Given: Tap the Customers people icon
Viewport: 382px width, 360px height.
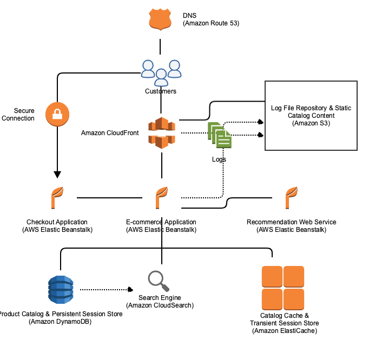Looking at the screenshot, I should point(161,72).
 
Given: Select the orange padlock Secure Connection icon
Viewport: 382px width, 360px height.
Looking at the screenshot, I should point(57,114).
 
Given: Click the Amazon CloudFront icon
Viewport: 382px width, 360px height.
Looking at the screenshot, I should point(162,132).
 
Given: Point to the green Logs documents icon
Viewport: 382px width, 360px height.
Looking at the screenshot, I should point(220,135).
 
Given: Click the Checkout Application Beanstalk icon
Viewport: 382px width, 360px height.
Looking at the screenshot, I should point(57,198).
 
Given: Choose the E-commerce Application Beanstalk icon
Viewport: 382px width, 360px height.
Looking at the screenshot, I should point(161,198).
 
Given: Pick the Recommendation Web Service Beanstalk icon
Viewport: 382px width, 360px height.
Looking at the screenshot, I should point(291,198).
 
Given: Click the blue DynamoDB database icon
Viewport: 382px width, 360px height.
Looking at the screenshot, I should point(60,290).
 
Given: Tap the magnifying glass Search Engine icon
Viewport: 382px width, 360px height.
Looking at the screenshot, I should point(159,281).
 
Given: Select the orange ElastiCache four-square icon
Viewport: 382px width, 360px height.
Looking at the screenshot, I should point(282,288).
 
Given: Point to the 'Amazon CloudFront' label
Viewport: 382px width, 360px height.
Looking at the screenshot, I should point(110,133).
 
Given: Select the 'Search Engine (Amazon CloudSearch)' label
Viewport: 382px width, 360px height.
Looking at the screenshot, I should point(160,302).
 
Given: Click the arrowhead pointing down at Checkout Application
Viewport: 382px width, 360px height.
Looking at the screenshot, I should point(57,174).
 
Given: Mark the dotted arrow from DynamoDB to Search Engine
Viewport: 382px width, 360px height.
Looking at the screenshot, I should point(106,290).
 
